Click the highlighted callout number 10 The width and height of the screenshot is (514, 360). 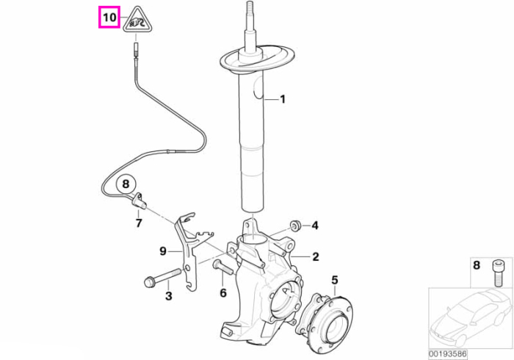109,17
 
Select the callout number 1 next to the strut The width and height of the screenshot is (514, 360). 282,99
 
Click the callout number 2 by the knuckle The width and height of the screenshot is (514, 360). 315,256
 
